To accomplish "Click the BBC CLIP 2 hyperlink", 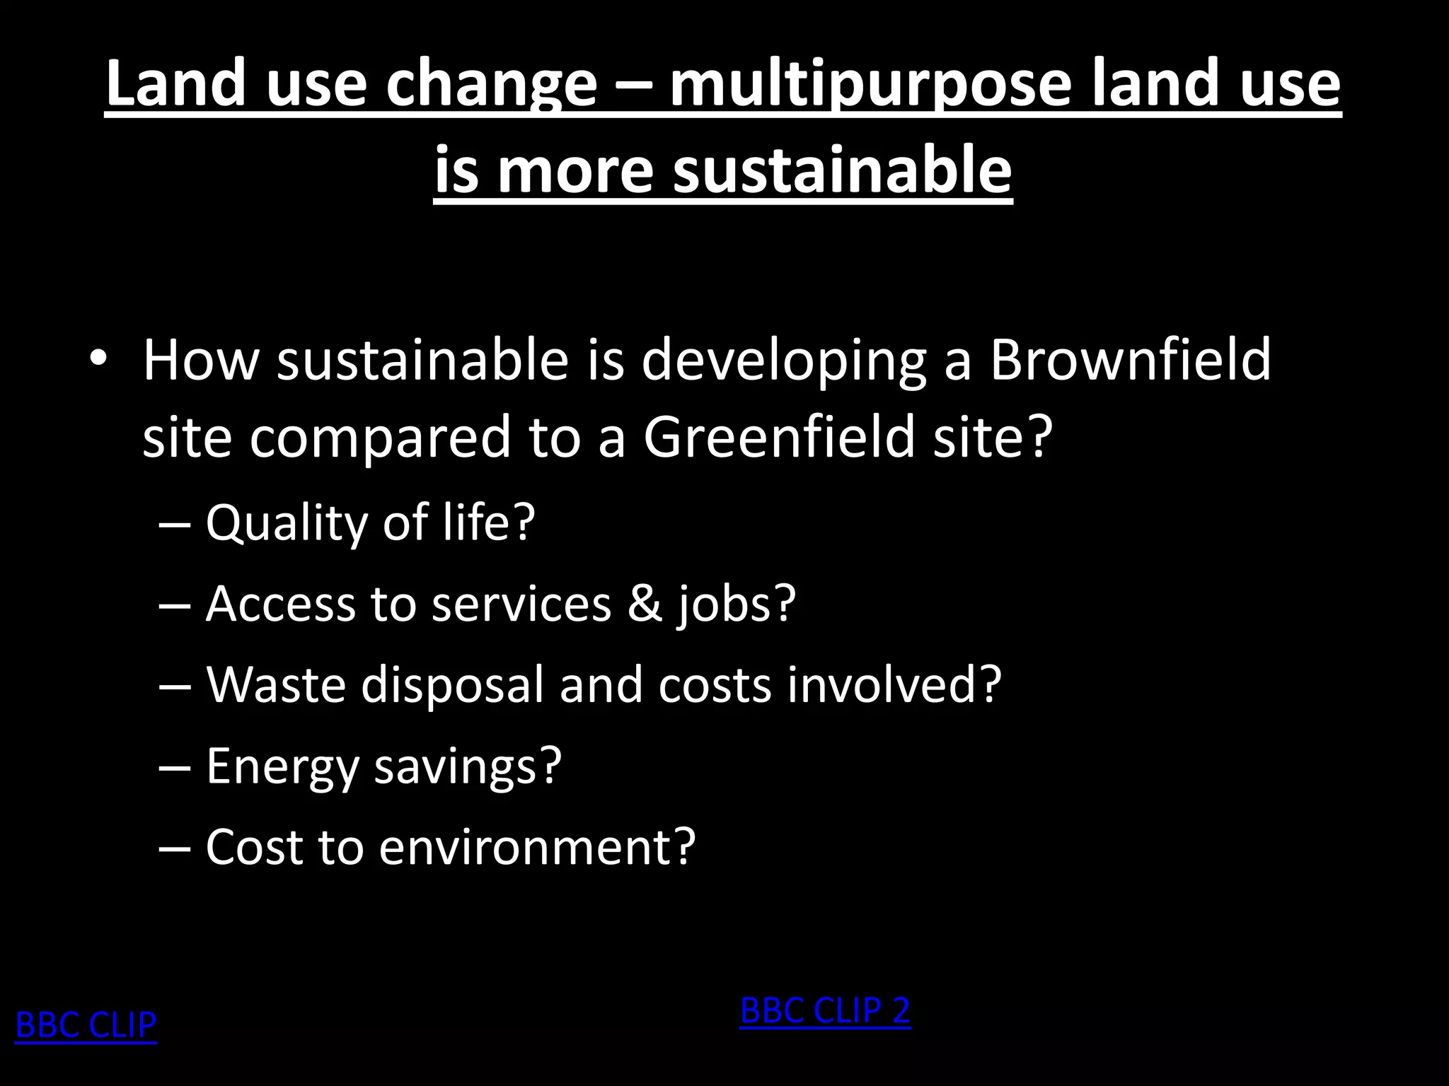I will point(825,1010).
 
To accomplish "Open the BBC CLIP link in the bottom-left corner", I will point(86,1024).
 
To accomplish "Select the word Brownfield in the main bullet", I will point(1130,360).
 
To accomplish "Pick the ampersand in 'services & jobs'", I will point(644,604).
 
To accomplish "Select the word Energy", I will point(282,766).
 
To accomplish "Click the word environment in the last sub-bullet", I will point(536,847).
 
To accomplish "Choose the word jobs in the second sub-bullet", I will point(736,605).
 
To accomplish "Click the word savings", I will point(467,768).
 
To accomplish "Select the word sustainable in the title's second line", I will point(842,171).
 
